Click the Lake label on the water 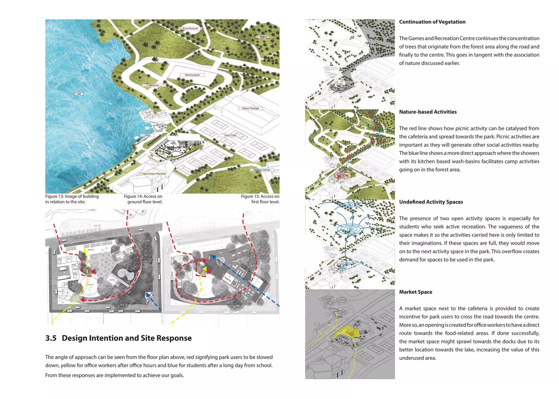point(79,94)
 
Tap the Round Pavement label point(190,28)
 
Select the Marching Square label point(192,75)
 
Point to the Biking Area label point(154,85)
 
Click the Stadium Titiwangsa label point(250,108)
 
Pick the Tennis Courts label point(230,135)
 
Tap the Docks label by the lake point(147,135)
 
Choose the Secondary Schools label point(261,170)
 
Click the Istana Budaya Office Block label point(154,174)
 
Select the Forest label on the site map point(263,37)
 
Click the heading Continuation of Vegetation point(432,22)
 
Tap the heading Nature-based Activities point(428,112)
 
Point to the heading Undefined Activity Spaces point(431,202)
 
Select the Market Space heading point(415,292)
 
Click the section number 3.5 point(51,338)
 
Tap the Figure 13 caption point(72,199)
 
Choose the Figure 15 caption point(260,199)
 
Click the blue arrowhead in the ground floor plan point(148,295)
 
